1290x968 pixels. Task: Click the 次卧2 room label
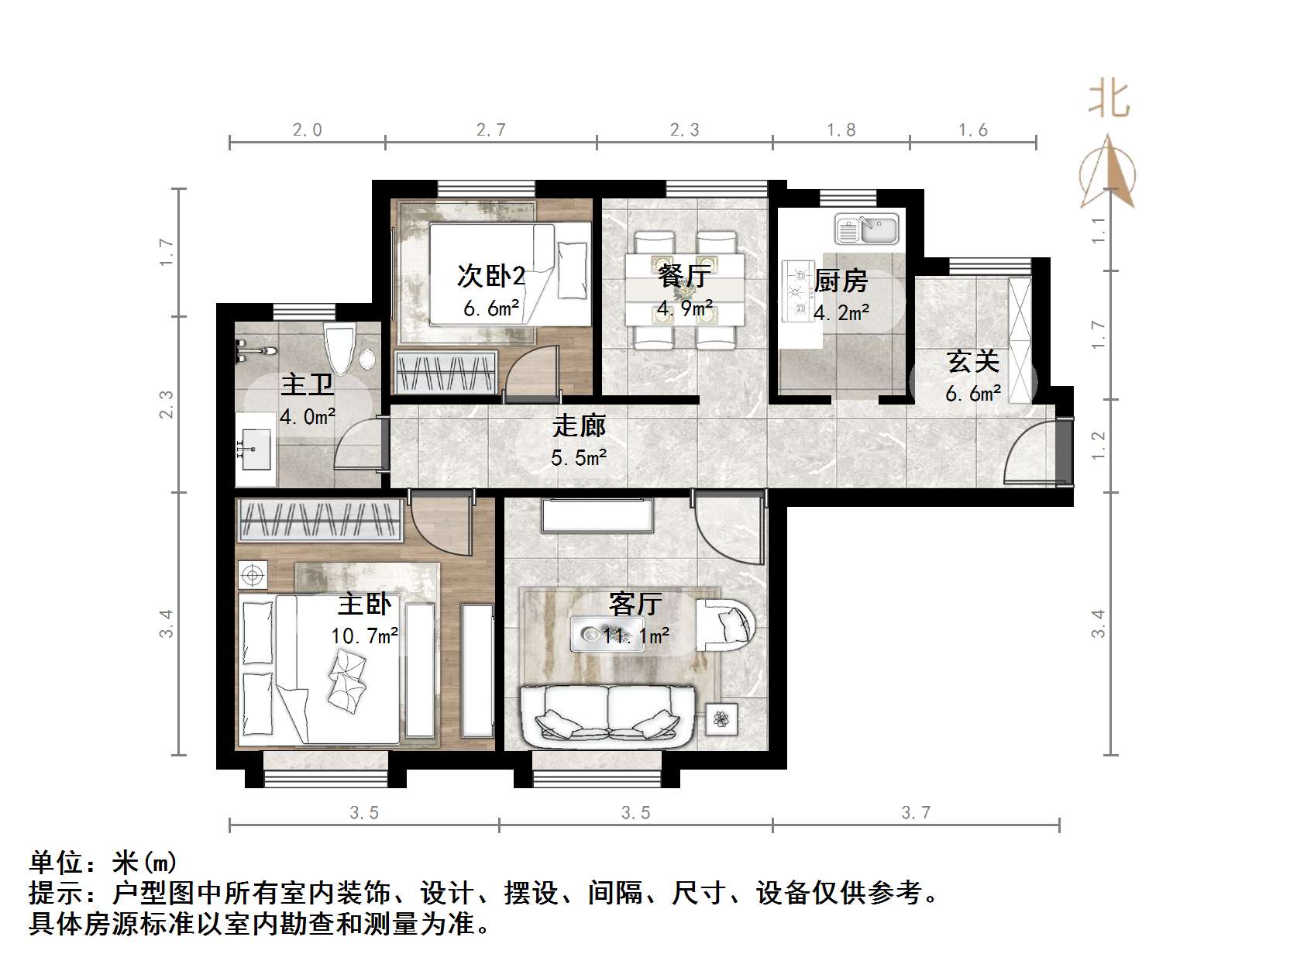click(x=491, y=276)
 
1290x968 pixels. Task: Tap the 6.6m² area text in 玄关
click(x=972, y=394)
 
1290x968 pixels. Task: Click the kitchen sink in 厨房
click(x=866, y=229)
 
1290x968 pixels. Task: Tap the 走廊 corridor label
click(x=578, y=426)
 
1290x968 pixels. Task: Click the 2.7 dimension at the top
click(x=491, y=130)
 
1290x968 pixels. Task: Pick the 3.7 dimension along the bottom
click(x=916, y=812)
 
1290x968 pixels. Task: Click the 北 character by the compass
click(x=1109, y=100)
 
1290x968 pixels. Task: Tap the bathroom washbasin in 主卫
click(x=253, y=450)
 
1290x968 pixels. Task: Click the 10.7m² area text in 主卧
click(x=364, y=636)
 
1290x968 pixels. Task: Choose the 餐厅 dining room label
click(x=683, y=276)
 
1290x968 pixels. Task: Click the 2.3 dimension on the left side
click(x=166, y=404)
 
